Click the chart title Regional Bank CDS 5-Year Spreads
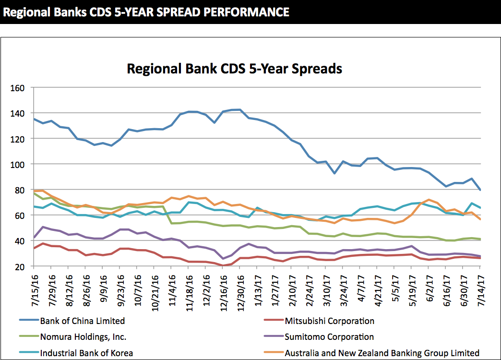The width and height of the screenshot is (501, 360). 234,69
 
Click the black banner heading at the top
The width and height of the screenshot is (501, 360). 146,12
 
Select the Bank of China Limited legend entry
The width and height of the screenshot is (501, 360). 82,321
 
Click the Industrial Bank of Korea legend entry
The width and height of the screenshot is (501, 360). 86,353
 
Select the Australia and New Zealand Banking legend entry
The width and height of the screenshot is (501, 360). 382,353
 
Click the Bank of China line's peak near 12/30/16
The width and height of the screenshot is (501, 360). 239,109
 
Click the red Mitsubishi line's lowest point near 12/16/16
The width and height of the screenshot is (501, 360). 223,265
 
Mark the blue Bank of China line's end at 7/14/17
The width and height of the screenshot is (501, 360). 480,190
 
